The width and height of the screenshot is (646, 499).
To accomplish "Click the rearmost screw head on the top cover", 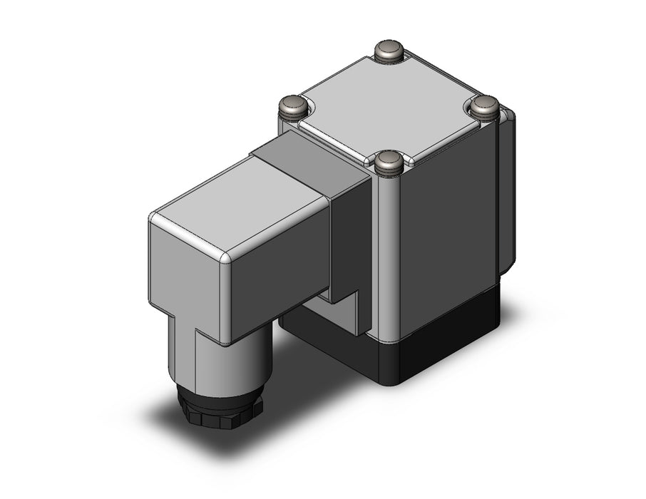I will (390, 51).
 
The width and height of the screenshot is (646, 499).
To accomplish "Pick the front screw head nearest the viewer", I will (389, 161).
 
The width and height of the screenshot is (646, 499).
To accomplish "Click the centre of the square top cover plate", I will (390, 107).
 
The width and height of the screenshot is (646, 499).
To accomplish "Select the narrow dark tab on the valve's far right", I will (507, 192).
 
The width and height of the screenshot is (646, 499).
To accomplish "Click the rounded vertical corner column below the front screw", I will (389, 249).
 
